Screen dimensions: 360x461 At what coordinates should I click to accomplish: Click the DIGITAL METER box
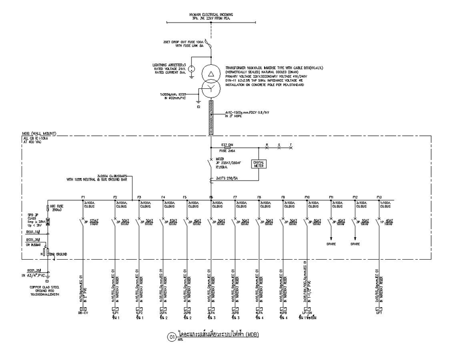pyautogui.click(x=258, y=164)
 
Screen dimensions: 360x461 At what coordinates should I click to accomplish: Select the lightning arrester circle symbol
pyautogui.click(x=191, y=69)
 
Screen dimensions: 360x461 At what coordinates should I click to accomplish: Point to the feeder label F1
pyautogui.click(x=83, y=197)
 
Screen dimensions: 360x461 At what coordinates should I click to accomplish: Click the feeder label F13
pyautogui.click(x=379, y=197)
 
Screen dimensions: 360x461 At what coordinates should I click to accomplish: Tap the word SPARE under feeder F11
pyautogui.click(x=331, y=244)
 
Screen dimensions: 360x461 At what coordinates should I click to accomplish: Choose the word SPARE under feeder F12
pyautogui.click(x=355, y=244)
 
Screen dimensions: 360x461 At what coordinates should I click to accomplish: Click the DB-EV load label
pyautogui.click(x=84, y=313)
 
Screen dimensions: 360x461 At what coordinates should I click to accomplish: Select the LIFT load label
pyautogui.click(x=379, y=313)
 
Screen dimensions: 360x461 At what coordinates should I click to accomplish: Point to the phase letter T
pyautogui.click(x=291, y=144)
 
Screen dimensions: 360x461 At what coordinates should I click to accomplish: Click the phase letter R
pyautogui.click(x=267, y=144)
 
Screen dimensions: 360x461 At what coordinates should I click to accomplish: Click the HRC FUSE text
pyautogui.click(x=57, y=206)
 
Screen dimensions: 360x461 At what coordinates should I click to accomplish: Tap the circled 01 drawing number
pyautogui.click(x=171, y=337)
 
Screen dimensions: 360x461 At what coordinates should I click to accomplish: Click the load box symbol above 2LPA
pyautogui.click(x=163, y=308)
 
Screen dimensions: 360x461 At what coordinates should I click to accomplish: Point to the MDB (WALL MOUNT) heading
pyautogui.click(x=39, y=133)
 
